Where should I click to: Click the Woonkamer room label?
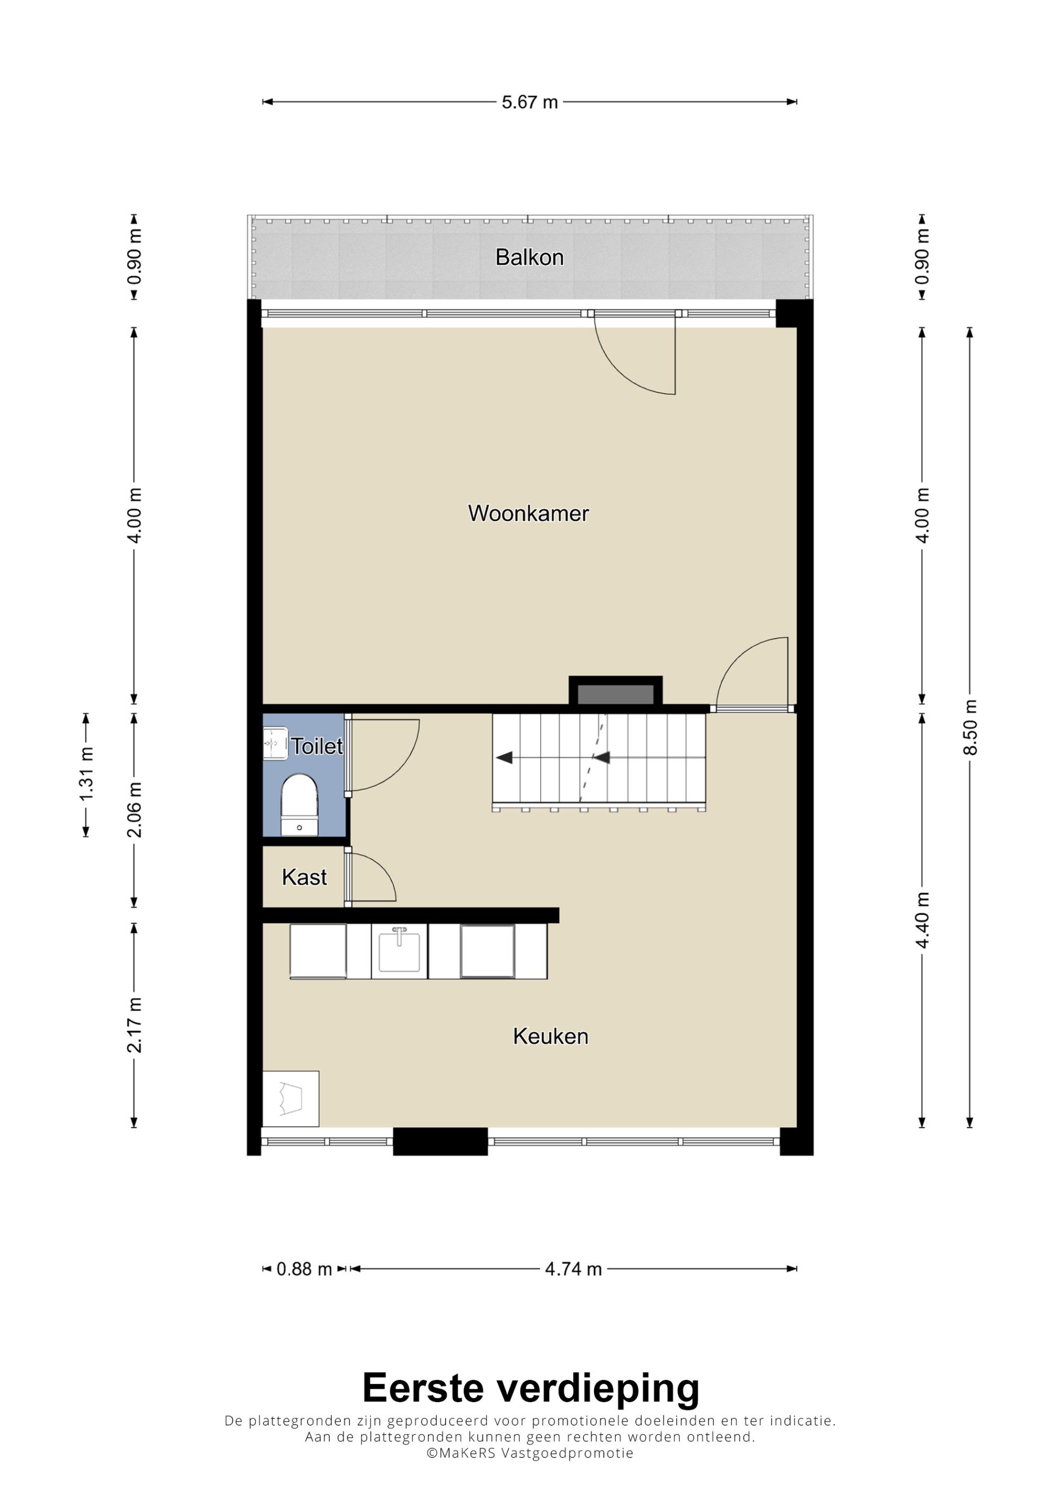(528, 513)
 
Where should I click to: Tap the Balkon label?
(529, 257)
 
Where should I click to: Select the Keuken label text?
(551, 1036)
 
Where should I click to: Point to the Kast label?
(304, 877)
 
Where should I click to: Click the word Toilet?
(317, 746)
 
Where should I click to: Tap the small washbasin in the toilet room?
(275, 743)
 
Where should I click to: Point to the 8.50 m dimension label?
(970, 727)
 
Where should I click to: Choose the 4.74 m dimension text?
(573, 1269)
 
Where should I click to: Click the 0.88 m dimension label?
(304, 1269)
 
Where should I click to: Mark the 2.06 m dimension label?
(135, 809)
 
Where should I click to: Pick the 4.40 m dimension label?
(922, 920)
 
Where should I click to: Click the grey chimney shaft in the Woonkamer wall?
(615, 694)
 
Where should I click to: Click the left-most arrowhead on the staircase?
(503, 758)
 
